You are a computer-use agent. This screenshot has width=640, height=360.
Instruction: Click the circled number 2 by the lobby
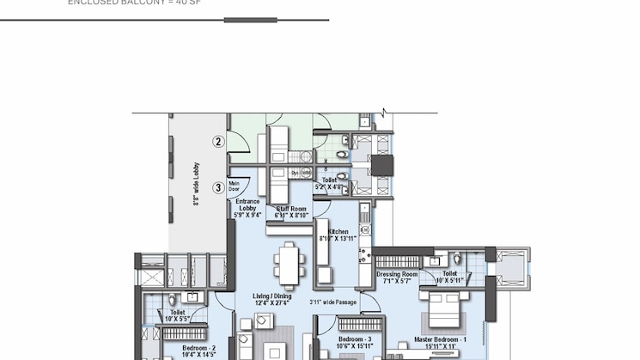click(218, 142)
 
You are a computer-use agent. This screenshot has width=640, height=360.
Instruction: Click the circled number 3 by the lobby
click(218, 187)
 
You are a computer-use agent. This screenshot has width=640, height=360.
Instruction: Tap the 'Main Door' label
click(235, 185)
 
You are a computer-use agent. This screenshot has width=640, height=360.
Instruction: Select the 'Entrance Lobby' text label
click(247, 208)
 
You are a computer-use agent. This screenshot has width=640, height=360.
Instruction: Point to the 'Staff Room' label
click(291, 211)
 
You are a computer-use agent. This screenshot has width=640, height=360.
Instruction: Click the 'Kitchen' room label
click(338, 235)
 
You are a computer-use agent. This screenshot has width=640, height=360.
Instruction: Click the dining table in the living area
click(290, 264)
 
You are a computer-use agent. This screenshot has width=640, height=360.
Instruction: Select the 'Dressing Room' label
click(397, 277)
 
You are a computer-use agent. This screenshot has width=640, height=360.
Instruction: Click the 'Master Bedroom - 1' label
click(440, 342)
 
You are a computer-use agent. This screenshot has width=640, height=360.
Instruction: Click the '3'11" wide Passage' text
click(333, 302)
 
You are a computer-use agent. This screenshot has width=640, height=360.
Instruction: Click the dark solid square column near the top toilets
click(381, 165)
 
